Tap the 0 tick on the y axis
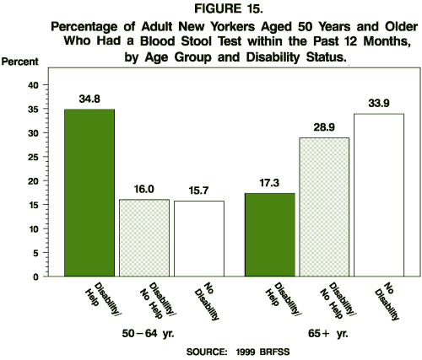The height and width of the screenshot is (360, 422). pyautogui.click(x=35, y=277)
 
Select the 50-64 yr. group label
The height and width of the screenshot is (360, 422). pyautogui.click(x=146, y=333)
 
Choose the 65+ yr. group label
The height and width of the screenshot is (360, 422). pyautogui.click(x=323, y=333)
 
